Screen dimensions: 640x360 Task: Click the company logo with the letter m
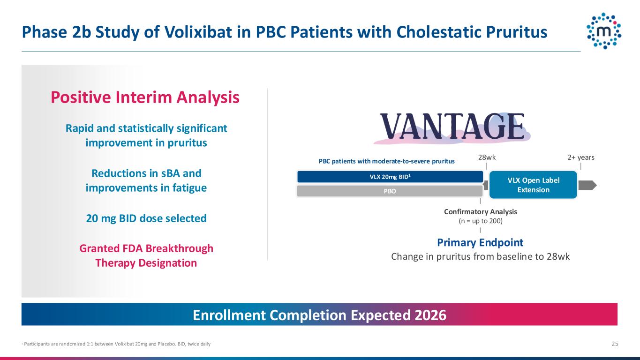604,31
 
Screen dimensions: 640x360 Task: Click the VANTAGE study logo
452,127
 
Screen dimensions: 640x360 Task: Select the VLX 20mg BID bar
390,177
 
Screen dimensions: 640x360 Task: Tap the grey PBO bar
390,191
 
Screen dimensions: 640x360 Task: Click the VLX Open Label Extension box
533,185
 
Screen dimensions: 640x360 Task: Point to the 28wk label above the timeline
487,157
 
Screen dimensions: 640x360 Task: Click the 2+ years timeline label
581,157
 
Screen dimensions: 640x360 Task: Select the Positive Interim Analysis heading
145,97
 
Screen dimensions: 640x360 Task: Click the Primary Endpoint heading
480,242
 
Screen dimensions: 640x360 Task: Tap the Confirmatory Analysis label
481,212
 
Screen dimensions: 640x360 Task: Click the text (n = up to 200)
481,221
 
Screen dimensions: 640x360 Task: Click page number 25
615,344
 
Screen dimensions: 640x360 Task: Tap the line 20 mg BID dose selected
146,218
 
